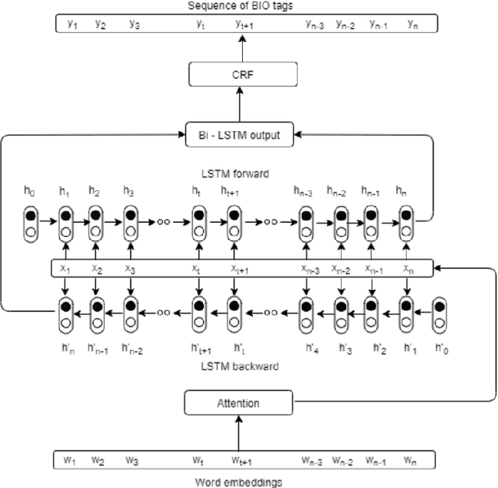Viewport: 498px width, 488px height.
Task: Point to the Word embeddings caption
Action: tap(239, 482)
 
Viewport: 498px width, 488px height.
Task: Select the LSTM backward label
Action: tap(239, 366)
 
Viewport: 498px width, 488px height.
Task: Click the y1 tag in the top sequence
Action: tap(73, 23)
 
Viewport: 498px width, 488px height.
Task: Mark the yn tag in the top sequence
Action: tap(413, 23)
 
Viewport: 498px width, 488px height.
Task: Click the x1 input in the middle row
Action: tap(66, 267)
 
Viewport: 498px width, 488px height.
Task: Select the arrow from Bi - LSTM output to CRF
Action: tap(240, 104)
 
